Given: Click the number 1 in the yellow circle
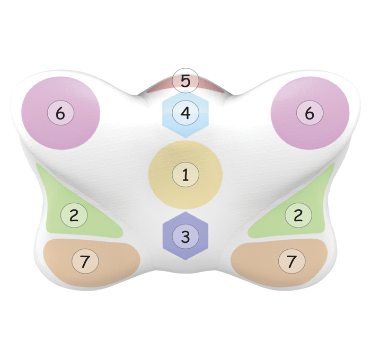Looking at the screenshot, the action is [185, 175].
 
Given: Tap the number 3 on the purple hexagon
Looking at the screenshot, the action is [185, 237].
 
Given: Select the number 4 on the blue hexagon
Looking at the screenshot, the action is [185, 113].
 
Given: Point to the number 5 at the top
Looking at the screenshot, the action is [185, 81].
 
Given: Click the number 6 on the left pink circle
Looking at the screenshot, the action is [60, 113].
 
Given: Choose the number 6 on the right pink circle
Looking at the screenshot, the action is [310, 113].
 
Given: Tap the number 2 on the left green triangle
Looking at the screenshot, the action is [74, 215].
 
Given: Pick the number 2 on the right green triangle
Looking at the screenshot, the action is [298, 215].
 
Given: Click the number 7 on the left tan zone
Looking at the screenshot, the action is [85, 261].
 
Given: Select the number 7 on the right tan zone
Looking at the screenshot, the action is [291, 261].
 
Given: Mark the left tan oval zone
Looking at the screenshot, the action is [92, 263].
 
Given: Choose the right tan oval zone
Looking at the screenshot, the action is [279, 263].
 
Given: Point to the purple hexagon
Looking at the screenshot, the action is [185, 236].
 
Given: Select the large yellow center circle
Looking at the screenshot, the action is [185, 175].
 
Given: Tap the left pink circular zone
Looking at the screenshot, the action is [60, 113].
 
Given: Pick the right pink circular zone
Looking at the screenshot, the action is [310, 113].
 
